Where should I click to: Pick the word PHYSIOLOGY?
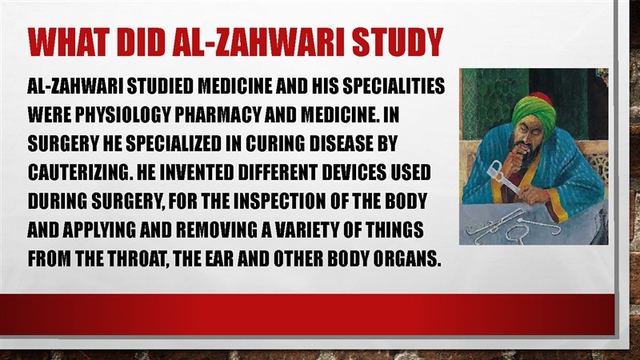[x=122, y=114]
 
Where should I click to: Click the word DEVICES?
[x=354, y=172]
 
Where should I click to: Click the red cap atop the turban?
[x=542, y=98]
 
